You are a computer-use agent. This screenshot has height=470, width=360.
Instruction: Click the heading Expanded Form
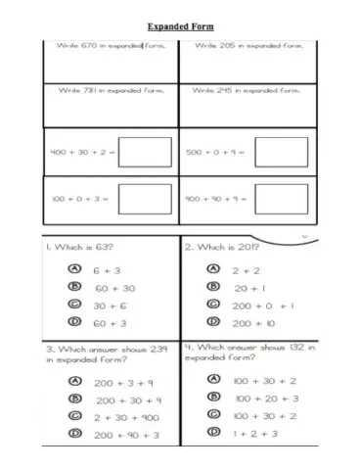(180, 26)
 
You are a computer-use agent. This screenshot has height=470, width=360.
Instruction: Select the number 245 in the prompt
(231, 91)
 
